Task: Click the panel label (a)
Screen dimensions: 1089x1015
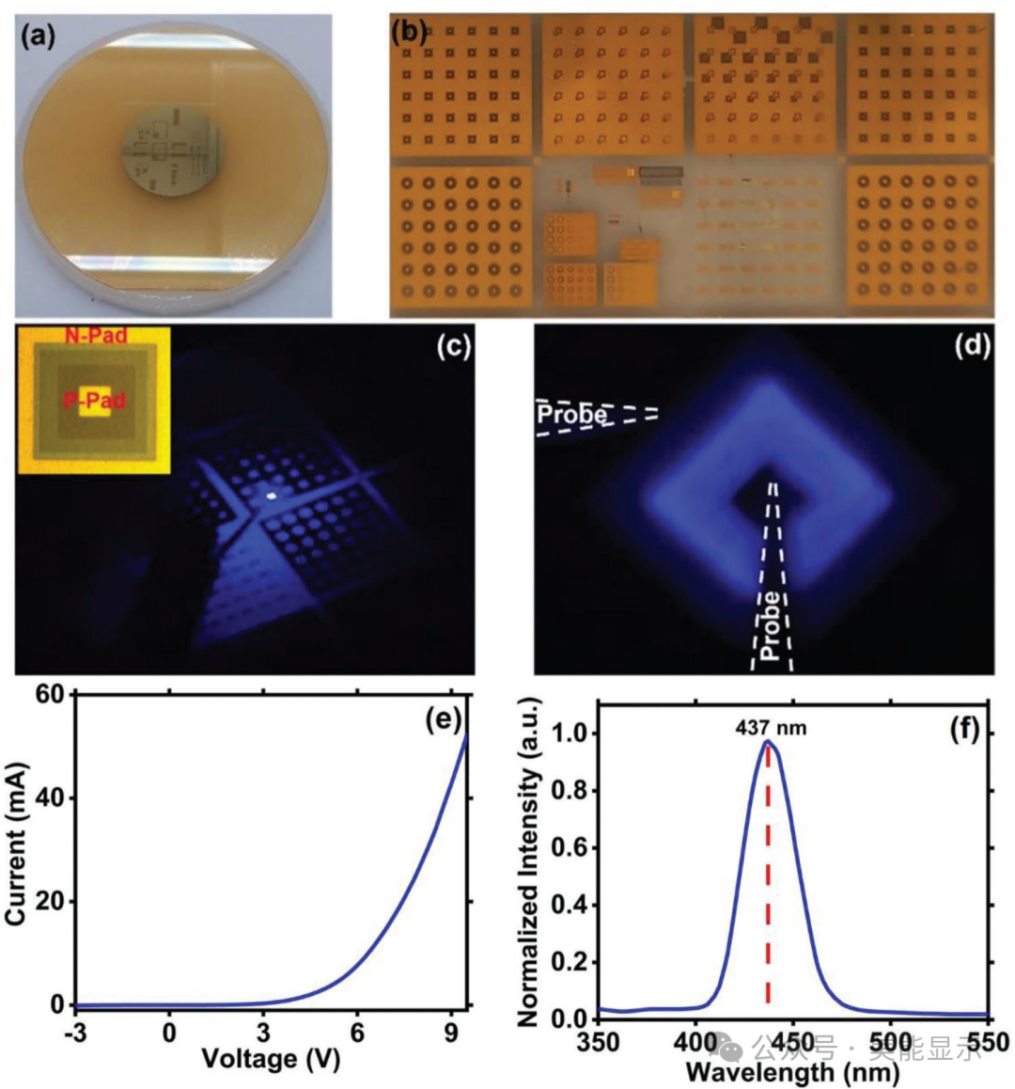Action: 39,37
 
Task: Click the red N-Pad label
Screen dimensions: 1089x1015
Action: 95,335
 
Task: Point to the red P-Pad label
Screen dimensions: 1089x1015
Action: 94,402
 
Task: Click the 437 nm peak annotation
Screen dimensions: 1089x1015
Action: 770,727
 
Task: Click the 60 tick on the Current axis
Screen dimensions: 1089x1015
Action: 49,695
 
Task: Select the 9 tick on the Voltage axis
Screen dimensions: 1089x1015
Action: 451,1032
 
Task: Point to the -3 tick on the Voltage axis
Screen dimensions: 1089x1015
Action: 74,1032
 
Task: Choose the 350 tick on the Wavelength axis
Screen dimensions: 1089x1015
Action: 599,1042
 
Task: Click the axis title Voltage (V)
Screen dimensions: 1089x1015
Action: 270,1059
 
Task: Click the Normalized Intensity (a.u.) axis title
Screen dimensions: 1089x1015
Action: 528,860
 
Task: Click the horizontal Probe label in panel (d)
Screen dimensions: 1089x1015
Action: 571,414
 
